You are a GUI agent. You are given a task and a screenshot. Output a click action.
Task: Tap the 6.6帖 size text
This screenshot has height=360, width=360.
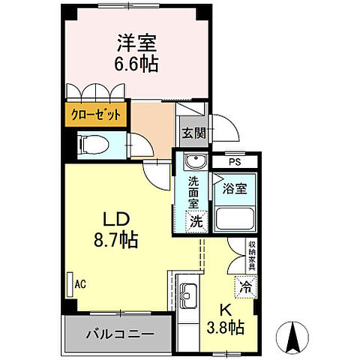136,65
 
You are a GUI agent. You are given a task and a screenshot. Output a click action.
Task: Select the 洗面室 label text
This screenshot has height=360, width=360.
193,191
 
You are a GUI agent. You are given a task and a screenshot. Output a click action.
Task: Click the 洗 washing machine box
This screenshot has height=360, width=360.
195,221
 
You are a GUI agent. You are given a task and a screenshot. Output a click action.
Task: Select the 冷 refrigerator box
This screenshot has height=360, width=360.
244,285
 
